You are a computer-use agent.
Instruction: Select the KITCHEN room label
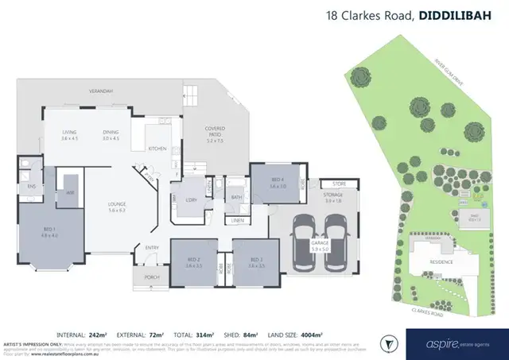click(157, 149)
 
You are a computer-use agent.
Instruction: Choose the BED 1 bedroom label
click(49, 230)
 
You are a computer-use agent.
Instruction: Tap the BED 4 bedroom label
click(277, 183)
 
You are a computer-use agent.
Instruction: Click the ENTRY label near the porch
click(152, 248)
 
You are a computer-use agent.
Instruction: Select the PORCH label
click(151, 277)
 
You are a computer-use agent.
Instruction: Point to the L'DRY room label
click(191, 198)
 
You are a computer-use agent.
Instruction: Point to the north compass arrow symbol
click(390, 343)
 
